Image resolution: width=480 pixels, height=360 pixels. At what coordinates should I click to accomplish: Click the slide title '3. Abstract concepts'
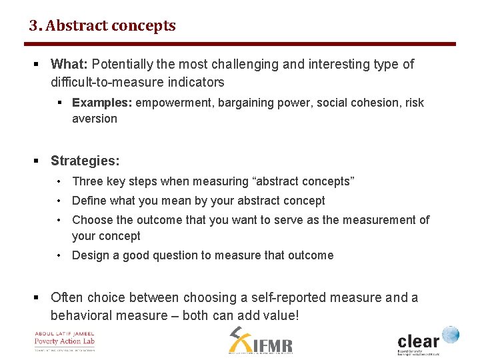coord(102,26)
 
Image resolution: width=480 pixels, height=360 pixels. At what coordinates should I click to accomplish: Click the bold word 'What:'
coord(69,65)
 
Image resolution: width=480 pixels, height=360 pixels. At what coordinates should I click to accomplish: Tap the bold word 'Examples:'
coord(101,103)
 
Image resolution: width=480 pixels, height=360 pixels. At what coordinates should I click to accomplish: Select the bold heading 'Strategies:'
coord(85,161)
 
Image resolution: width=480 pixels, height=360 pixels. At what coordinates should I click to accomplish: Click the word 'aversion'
coord(95,119)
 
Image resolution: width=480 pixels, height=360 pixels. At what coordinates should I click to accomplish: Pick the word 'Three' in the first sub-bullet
coord(88,181)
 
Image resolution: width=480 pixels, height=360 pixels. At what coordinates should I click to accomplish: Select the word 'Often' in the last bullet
coord(67,297)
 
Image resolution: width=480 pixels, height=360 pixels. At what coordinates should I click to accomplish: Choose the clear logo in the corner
coord(427,339)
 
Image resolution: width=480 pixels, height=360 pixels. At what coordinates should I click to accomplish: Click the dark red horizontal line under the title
coord(240,44)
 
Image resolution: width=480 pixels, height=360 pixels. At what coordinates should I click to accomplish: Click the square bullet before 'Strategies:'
coord(37,161)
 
